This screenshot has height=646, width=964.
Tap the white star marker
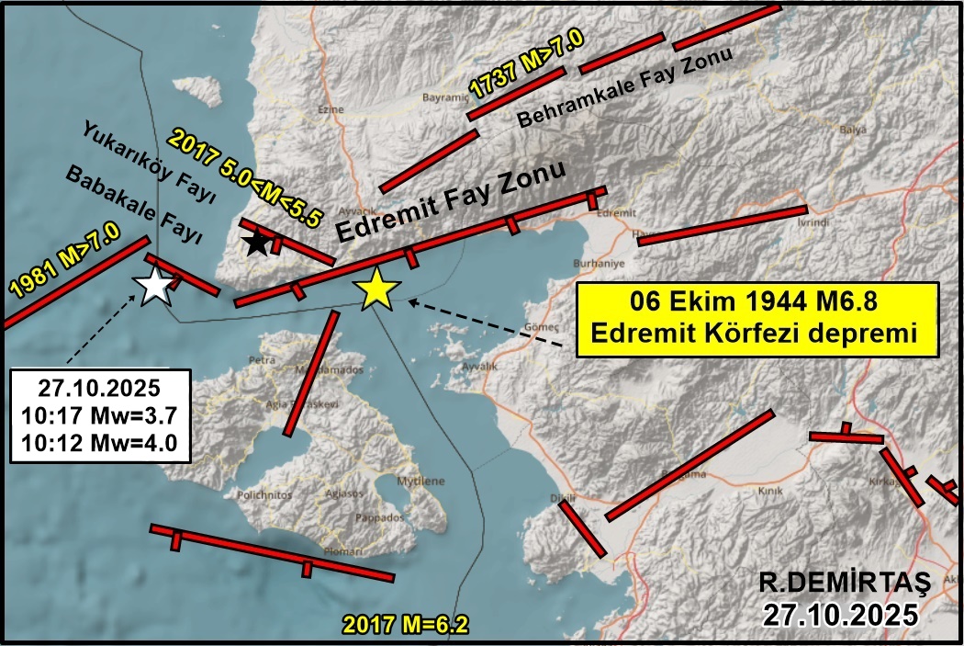click(155, 287)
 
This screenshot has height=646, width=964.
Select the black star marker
click(257, 244)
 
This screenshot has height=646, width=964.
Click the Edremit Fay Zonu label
click(449, 201)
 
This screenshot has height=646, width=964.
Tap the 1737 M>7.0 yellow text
click(526, 69)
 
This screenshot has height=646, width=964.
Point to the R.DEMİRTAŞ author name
click(845, 582)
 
